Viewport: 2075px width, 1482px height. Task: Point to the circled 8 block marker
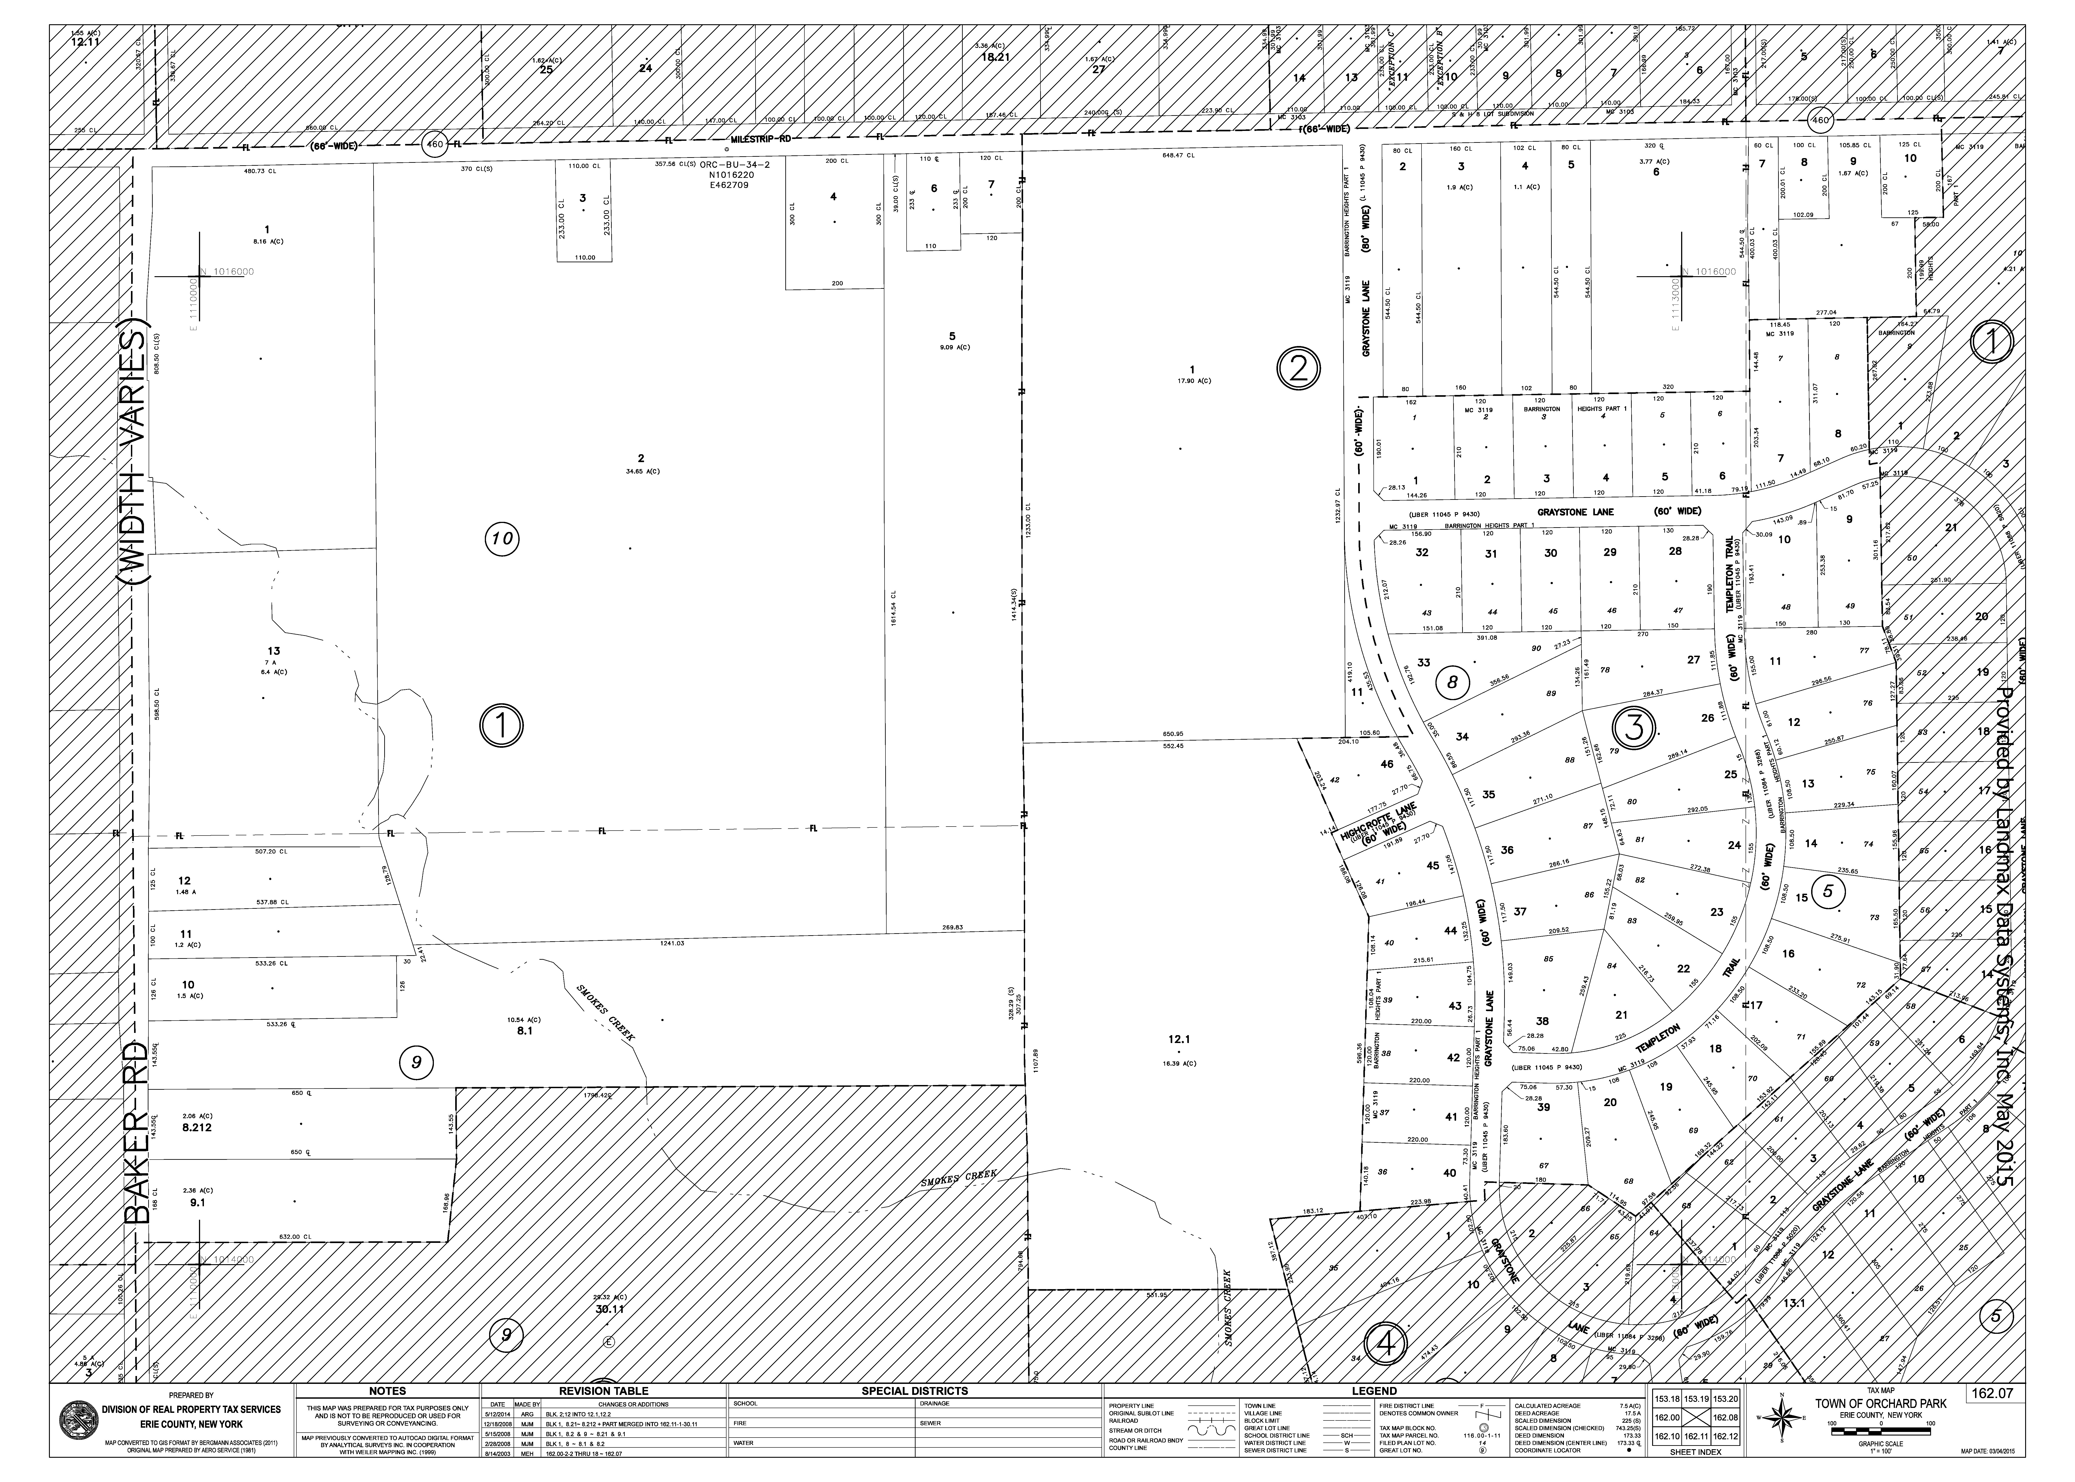point(1452,680)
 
